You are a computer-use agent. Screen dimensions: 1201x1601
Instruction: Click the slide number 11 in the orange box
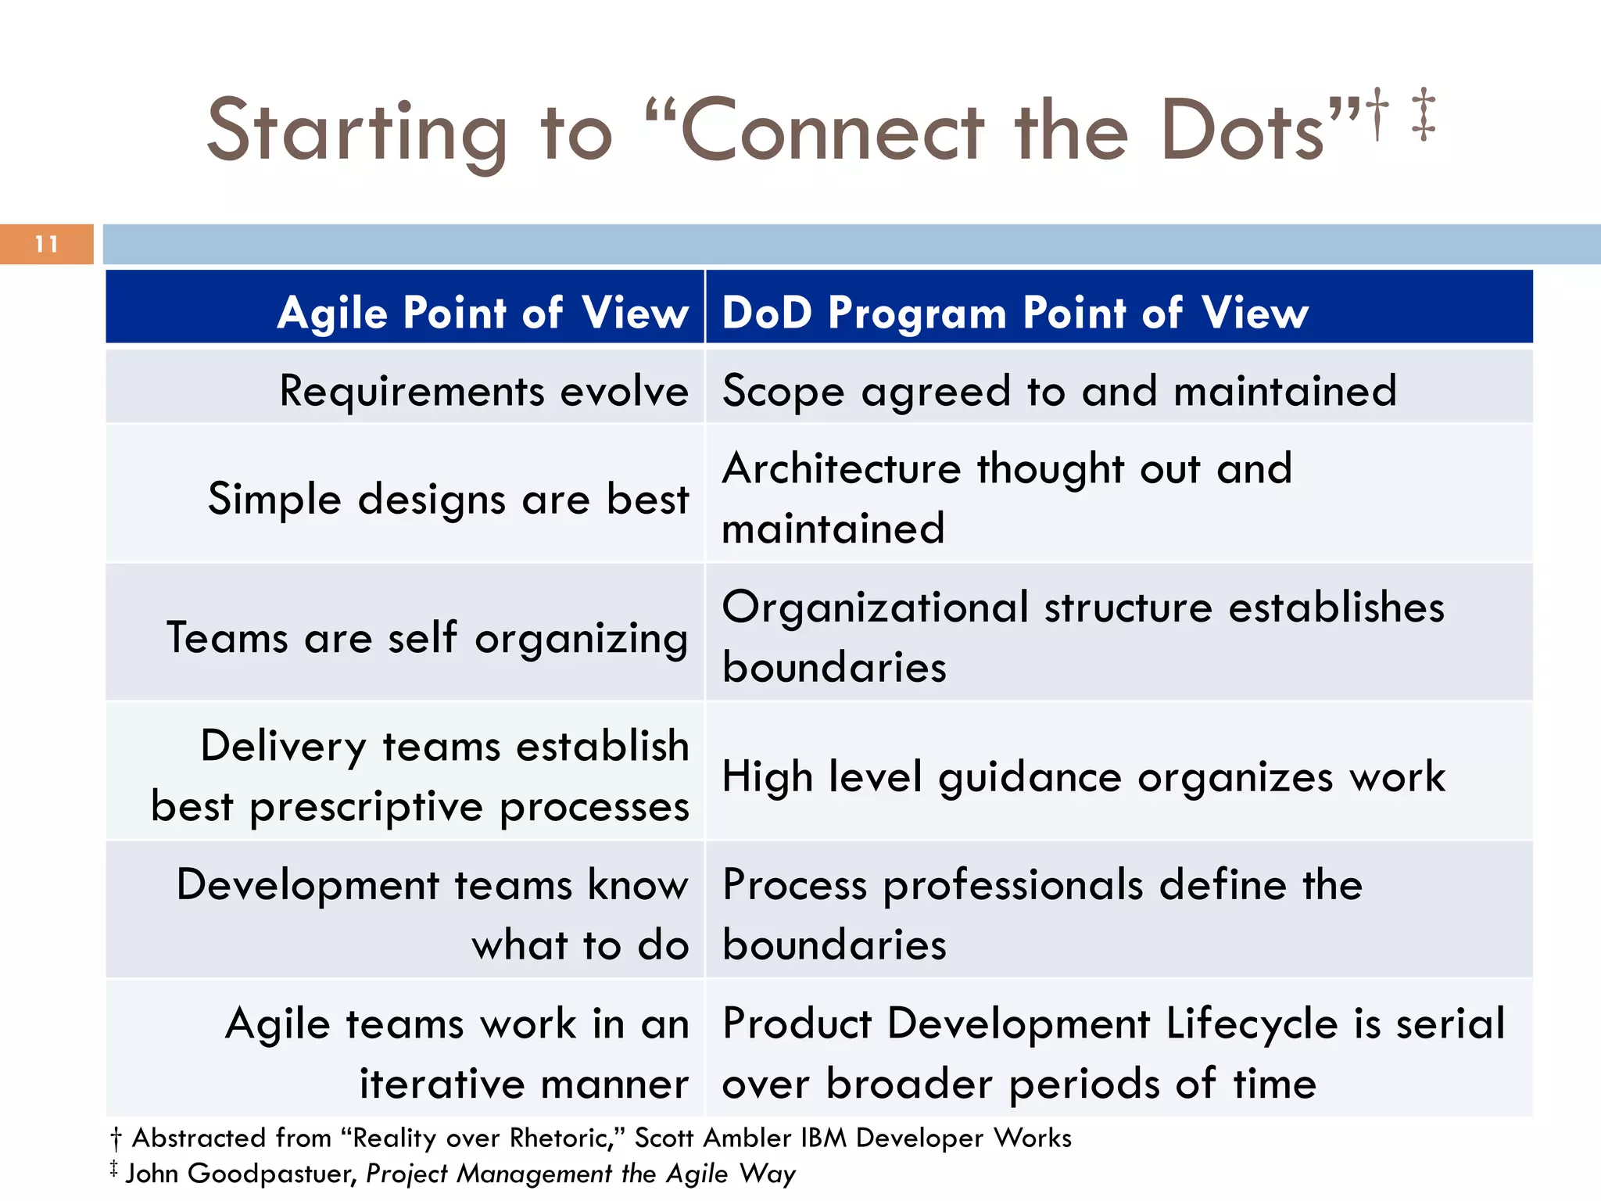coord(47,245)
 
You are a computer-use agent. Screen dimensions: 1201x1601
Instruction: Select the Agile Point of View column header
coord(482,313)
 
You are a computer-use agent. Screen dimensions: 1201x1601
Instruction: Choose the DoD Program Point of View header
coord(1015,313)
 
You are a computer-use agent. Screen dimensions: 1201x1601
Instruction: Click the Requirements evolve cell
coord(484,390)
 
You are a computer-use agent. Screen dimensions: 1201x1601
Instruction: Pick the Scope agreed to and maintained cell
coord(1058,390)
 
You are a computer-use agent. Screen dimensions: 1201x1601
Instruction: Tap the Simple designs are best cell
coord(448,499)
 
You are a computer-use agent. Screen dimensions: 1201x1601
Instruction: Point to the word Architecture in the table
coord(841,469)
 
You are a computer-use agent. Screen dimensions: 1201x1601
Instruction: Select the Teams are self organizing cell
coord(427,637)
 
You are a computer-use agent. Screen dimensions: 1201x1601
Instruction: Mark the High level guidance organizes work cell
coord(1083,776)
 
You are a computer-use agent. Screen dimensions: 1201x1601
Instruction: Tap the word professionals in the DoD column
coord(1012,885)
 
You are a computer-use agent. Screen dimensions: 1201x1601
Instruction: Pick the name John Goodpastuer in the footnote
coord(242,1174)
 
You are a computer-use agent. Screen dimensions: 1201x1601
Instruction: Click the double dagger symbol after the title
coord(1424,115)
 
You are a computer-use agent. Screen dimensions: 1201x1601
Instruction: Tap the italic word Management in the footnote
coord(534,1174)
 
